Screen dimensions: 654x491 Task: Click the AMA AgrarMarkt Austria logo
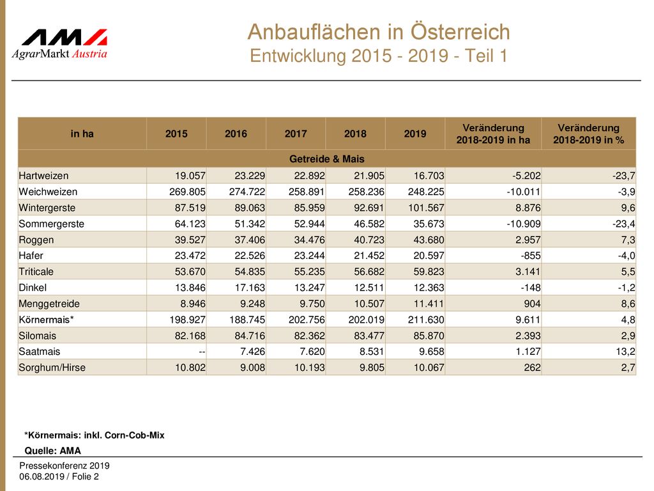tap(59, 44)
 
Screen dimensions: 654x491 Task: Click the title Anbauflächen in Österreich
tap(379, 32)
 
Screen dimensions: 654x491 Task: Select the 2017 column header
tap(296, 134)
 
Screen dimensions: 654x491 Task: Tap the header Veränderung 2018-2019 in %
tap(588, 134)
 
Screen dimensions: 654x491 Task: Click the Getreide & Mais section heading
tap(326, 159)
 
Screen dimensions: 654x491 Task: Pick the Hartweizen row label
tap(44, 176)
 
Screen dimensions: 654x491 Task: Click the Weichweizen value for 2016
tap(247, 192)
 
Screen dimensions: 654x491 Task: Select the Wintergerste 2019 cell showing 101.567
tap(426, 208)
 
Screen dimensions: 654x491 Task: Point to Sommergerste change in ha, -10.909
tap(524, 224)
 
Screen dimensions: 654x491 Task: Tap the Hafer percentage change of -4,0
tap(627, 256)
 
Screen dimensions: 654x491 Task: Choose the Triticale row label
tap(36, 272)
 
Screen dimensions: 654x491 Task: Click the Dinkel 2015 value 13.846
tap(190, 288)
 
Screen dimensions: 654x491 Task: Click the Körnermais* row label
tap(46, 320)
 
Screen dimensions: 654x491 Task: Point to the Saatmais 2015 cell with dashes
tap(202, 352)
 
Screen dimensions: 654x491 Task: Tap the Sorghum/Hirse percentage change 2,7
tap(628, 368)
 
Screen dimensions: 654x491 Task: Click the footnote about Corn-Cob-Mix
tap(95, 435)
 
